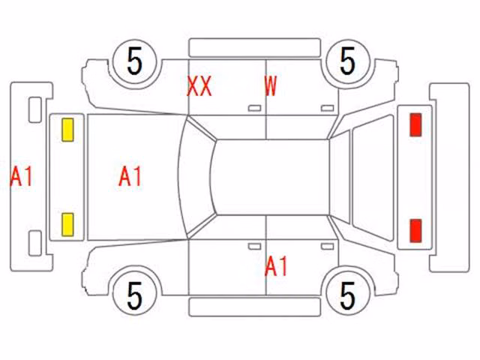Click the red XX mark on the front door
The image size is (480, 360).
[x=199, y=86]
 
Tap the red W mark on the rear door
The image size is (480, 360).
[x=271, y=86]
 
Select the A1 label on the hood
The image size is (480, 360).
[x=130, y=176]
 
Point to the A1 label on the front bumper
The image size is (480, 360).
[x=21, y=176]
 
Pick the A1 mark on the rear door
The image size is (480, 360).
[x=276, y=266]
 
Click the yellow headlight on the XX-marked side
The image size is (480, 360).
[x=67, y=130]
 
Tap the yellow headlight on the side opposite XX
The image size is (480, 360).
[x=67, y=225]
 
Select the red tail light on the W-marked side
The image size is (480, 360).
[x=415, y=124]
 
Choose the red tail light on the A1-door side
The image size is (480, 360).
[x=415, y=230]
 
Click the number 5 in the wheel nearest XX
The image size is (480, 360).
[x=135, y=61]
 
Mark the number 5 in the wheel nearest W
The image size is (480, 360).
[x=347, y=61]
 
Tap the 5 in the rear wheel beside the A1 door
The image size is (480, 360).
[x=347, y=295]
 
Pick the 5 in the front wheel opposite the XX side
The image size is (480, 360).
[x=135, y=295]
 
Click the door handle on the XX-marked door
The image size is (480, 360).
[x=254, y=108]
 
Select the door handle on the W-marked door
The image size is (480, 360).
[x=327, y=108]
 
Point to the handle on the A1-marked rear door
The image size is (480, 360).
[x=327, y=247]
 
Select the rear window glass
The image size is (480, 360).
[x=339, y=177]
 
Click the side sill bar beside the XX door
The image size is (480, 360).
[x=255, y=48]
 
